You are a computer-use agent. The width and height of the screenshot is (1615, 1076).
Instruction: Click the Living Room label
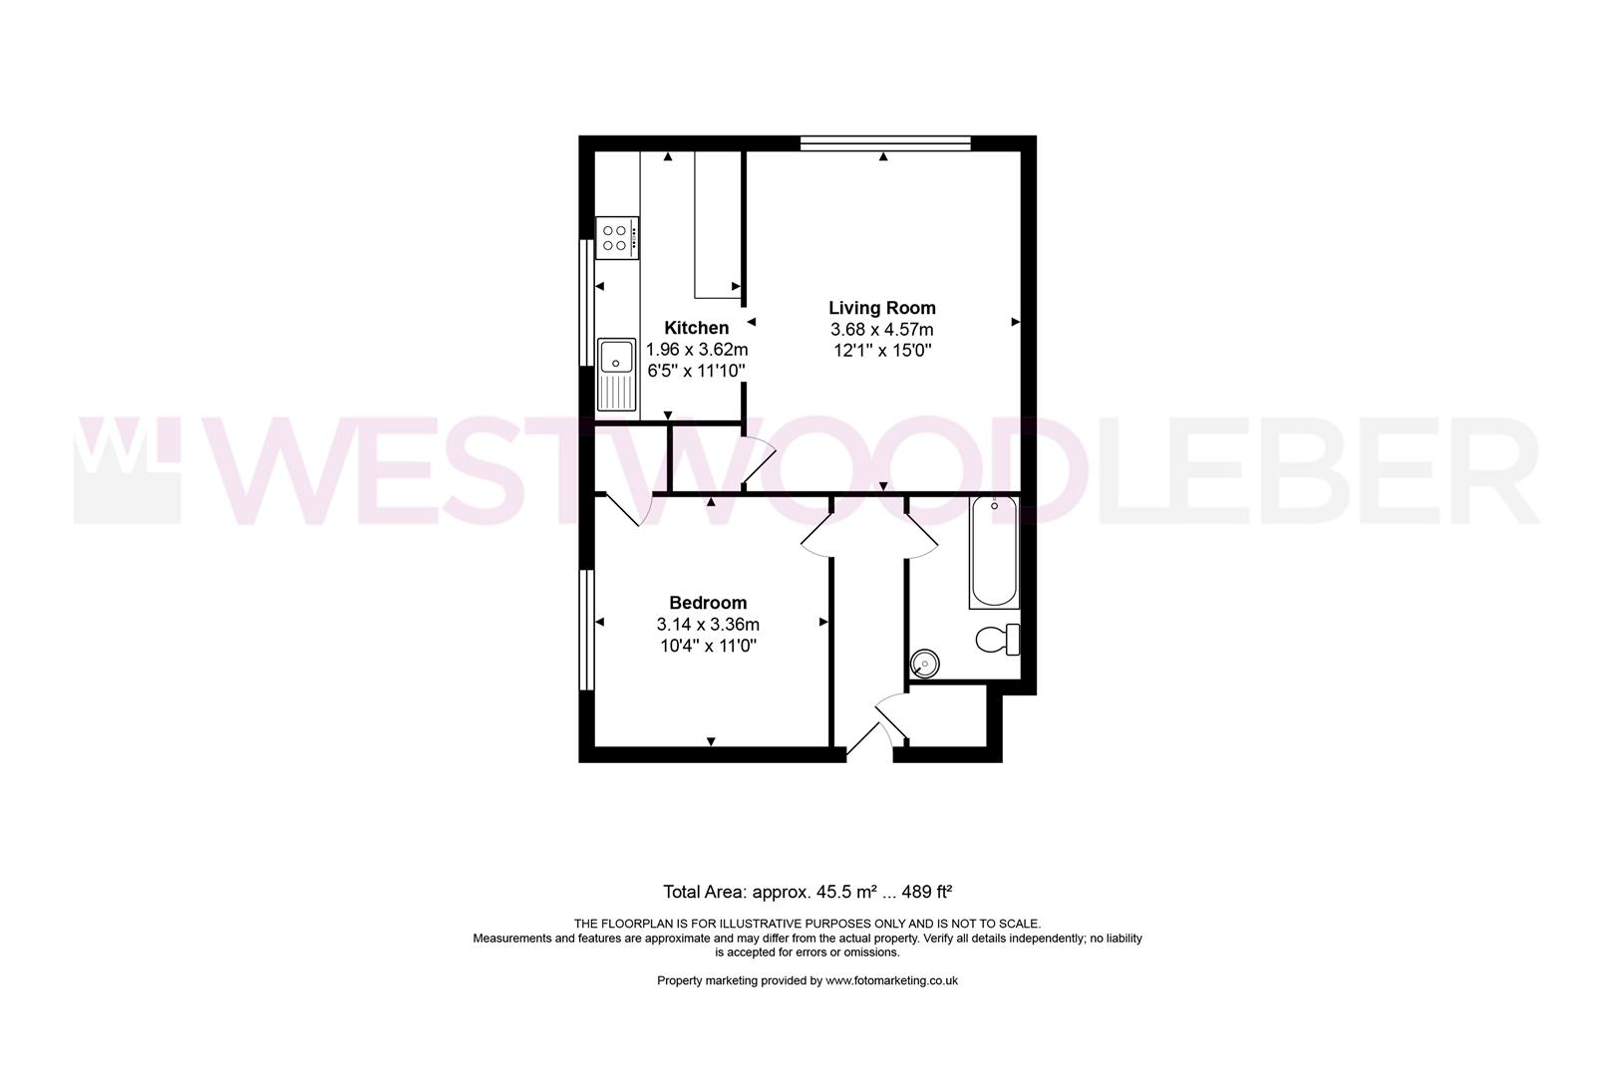click(x=881, y=308)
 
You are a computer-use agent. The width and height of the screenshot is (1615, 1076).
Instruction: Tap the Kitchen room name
click(x=696, y=328)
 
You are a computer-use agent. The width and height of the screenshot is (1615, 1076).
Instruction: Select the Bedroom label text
click(x=708, y=603)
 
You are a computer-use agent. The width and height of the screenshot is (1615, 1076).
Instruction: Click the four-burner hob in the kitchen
click(x=617, y=238)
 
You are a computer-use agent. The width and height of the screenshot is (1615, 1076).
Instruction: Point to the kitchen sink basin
click(x=616, y=356)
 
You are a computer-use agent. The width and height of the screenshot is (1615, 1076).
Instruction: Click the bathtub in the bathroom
click(x=994, y=552)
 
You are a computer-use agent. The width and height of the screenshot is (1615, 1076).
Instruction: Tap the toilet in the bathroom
click(x=996, y=639)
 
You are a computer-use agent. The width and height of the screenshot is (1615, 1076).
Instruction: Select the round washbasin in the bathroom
click(x=925, y=663)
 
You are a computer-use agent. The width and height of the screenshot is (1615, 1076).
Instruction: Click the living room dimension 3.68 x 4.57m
click(x=881, y=330)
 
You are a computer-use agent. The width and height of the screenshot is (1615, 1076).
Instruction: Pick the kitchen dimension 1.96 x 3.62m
click(x=697, y=350)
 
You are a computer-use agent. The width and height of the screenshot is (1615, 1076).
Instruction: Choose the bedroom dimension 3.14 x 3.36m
click(x=708, y=625)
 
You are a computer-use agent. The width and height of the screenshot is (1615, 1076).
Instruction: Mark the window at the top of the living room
click(x=884, y=143)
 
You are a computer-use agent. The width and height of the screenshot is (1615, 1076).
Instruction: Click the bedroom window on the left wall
click(x=586, y=629)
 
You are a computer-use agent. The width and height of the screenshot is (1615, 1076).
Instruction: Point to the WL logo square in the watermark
click(x=127, y=469)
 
